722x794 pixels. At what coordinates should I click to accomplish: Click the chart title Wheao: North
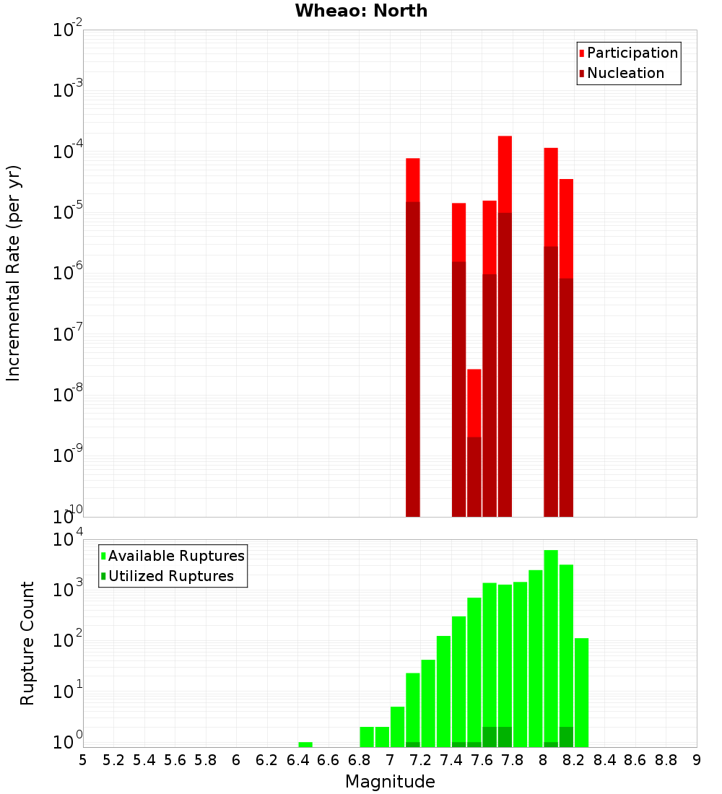[x=361, y=11]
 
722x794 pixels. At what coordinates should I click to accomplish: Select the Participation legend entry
[x=632, y=53]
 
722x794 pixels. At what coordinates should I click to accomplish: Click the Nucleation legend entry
[x=625, y=74]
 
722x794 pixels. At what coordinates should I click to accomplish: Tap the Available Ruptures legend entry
[x=175, y=557]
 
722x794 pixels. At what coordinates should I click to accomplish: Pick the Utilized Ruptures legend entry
[x=170, y=577]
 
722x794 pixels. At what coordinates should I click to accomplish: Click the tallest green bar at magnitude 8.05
[x=551, y=642]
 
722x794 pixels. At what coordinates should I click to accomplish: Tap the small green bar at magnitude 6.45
[x=305, y=744]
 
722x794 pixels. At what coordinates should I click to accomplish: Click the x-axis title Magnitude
[x=390, y=782]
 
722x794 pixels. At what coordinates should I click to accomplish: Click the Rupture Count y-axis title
[x=27, y=643]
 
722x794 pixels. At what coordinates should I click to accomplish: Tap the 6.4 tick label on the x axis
[x=297, y=760]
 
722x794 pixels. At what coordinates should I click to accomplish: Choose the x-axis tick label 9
[x=696, y=760]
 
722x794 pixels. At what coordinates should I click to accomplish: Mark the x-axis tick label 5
[x=83, y=760]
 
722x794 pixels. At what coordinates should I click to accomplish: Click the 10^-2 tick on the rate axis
[x=68, y=31]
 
